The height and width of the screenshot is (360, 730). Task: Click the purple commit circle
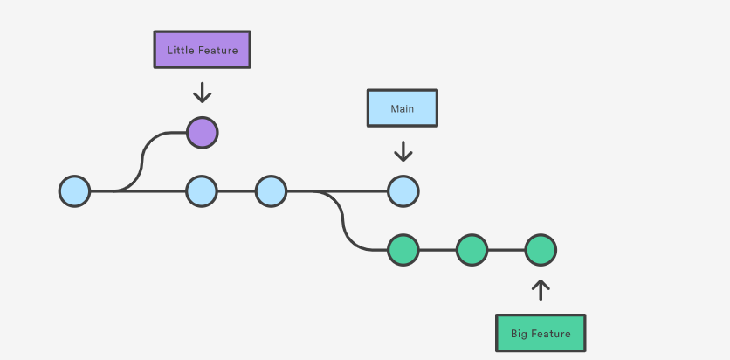[202, 133]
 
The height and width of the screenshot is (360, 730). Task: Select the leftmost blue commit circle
[75, 190]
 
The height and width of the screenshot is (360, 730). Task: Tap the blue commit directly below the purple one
[202, 190]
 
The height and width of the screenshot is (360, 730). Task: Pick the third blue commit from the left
[271, 190]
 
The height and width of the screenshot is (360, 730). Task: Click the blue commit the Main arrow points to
[403, 190]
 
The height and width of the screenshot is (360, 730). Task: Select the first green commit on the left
[403, 250]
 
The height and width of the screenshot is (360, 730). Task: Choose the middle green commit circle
[472, 250]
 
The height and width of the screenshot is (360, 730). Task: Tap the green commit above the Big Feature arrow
[541, 250]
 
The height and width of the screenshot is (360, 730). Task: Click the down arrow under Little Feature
[202, 92]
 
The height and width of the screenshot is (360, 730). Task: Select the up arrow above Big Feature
[541, 290]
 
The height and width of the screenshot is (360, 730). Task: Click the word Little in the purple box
[181, 51]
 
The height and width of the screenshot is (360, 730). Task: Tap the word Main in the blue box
[402, 109]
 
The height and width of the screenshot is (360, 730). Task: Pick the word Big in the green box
[520, 334]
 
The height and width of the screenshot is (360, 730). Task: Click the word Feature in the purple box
[217, 51]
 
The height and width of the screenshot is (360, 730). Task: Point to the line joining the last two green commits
[506, 250]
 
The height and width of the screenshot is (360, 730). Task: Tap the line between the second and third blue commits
[236, 190]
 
